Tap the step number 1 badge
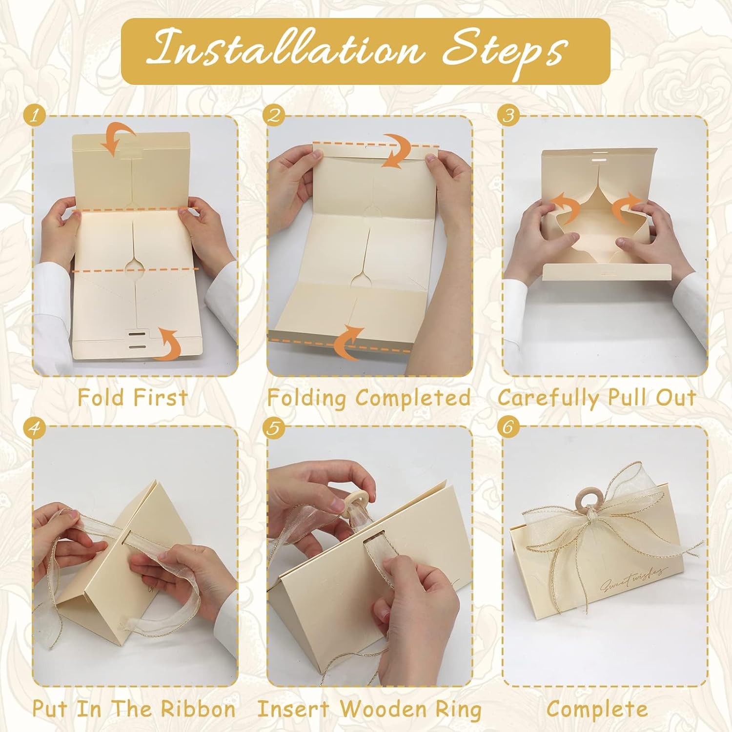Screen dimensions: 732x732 (34, 116)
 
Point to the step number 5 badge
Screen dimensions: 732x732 (274, 427)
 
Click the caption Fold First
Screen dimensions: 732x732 (133, 398)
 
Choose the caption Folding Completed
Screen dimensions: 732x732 (369, 398)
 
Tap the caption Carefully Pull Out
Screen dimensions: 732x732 (596, 398)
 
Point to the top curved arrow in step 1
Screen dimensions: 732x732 (117, 139)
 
